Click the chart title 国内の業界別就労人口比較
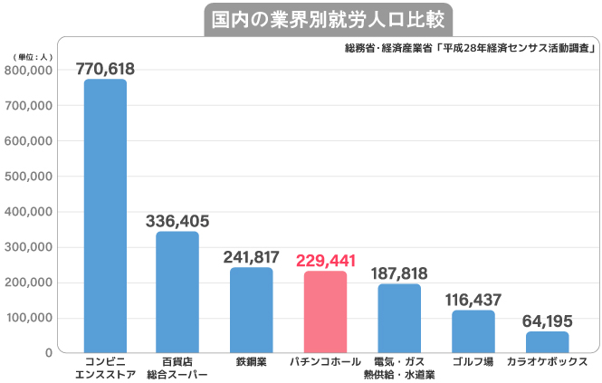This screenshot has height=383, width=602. (325, 19)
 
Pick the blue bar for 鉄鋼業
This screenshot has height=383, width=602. (251, 309)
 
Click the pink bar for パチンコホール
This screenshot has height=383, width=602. (325, 311)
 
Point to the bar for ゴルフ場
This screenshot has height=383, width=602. (473, 330)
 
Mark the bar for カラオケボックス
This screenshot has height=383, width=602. (548, 341)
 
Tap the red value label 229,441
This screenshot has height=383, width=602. (325, 260)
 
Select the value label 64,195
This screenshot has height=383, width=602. (548, 321)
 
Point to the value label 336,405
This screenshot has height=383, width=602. (177, 220)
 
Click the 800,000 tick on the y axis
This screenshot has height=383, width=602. (30, 71)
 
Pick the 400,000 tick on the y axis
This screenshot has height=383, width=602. (30, 212)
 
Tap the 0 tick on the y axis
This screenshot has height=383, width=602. (48, 352)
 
